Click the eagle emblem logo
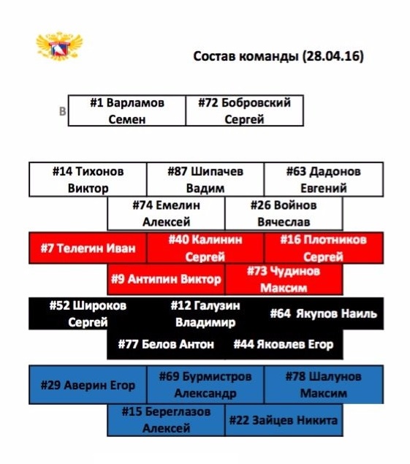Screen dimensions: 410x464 coord(59,46)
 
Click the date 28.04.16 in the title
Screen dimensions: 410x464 coord(333,56)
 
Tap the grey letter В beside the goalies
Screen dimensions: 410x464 coord(62,111)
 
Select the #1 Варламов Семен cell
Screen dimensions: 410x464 coord(127,110)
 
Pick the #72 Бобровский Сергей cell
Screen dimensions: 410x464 coord(245,110)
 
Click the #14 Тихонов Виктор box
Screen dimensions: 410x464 coord(88,179)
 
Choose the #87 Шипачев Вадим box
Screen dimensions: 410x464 coord(205,179)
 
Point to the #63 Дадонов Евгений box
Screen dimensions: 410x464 coord(324,179)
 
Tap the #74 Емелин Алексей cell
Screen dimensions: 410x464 coord(166,213)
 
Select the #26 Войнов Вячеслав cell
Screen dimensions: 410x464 coord(284,213)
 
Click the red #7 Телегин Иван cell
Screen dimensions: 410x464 coord(88,248)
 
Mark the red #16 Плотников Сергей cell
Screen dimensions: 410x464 coord(324,248)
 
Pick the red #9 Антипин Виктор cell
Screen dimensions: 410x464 coord(166,279)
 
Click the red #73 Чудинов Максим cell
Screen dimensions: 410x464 coord(284,279)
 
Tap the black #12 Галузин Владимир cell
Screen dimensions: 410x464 coord(205,313)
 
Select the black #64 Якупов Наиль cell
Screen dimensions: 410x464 coord(324,313)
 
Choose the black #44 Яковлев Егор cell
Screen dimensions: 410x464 coord(284,344)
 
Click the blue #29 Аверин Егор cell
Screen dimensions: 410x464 coord(88,384)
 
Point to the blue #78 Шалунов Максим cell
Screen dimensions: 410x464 coord(324,384)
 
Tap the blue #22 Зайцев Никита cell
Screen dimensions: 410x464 coord(284,420)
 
